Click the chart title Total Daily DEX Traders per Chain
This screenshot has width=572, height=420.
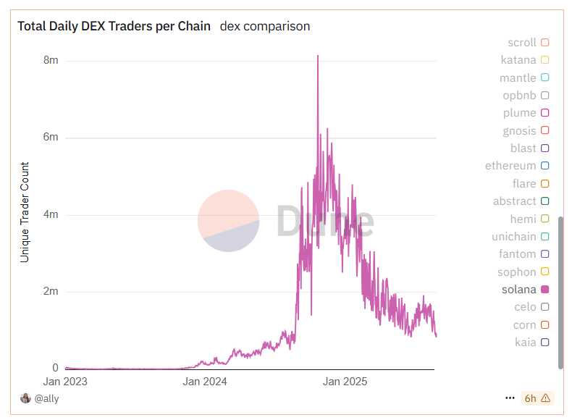pyautogui.click(x=114, y=26)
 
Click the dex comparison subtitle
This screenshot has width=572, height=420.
pyautogui.click(x=265, y=26)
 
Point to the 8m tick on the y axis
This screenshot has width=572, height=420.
pyautogui.click(x=51, y=60)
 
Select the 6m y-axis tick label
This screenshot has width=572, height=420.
pyautogui.click(x=51, y=138)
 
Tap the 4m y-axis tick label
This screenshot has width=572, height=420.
pyautogui.click(x=51, y=215)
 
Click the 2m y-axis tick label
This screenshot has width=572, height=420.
pyautogui.click(x=51, y=292)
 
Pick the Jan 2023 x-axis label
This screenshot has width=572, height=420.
pyautogui.click(x=65, y=382)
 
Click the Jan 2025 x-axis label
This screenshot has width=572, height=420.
pyautogui.click(x=344, y=382)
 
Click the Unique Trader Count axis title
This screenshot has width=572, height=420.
pyautogui.click(x=25, y=211)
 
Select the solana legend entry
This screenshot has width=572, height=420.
pyautogui.click(x=519, y=290)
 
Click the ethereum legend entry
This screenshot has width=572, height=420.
pyautogui.click(x=510, y=166)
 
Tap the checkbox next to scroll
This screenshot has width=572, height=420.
pyautogui.click(x=545, y=43)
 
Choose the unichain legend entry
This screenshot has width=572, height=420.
pyautogui.click(x=514, y=237)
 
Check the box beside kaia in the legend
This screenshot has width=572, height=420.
pyautogui.click(x=545, y=343)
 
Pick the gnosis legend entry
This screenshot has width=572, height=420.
pyautogui.click(x=519, y=131)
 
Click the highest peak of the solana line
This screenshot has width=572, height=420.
pyautogui.click(x=318, y=56)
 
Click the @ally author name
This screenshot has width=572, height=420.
pyautogui.click(x=46, y=398)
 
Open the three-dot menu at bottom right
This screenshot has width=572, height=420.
pyautogui.click(x=510, y=398)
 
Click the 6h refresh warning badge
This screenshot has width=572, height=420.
pyautogui.click(x=536, y=398)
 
